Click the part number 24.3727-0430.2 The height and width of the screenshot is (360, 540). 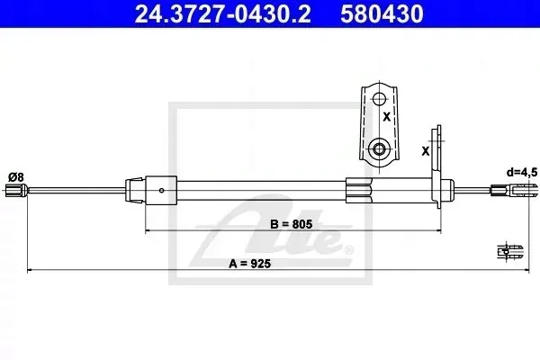point(223,14)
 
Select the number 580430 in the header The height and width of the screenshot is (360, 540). point(382,14)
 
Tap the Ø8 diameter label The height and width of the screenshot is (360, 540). point(16,177)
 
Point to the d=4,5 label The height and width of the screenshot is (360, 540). point(522,172)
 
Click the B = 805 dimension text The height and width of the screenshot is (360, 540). point(292,224)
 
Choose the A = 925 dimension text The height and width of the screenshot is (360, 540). point(250,264)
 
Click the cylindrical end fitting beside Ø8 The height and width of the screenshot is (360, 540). point(16,191)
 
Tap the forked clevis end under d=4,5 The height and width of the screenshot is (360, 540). point(513,191)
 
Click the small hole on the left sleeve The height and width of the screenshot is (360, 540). point(161,191)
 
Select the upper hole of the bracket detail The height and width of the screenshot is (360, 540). point(379,100)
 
